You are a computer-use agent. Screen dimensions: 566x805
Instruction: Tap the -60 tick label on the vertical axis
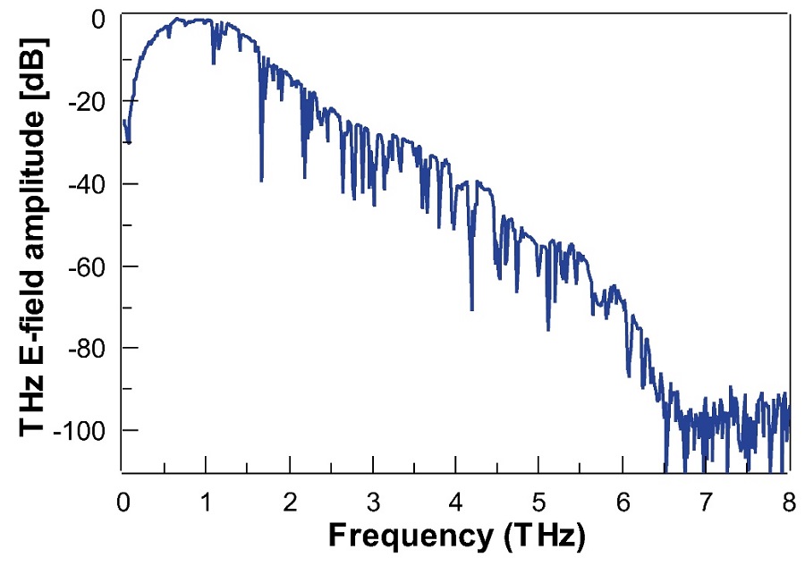(x=89, y=266)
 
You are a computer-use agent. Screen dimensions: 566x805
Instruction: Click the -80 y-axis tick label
(x=89, y=348)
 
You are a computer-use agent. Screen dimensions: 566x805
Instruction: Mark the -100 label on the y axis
(x=82, y=431)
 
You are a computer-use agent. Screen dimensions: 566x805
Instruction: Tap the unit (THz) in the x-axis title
(x=540, y=536)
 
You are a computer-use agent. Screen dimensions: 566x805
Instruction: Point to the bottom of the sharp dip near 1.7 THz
(x=261, y=181)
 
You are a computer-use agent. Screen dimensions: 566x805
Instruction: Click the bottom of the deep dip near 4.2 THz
(x=471, y=309)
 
